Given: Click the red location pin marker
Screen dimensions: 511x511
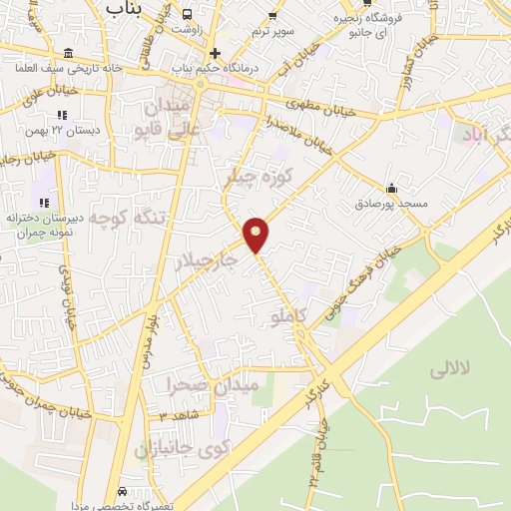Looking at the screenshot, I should click(x=256, y=233).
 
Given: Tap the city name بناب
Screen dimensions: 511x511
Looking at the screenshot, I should click(x=128, y=8).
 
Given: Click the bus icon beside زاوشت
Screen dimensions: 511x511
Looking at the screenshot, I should click(x=188, y=14).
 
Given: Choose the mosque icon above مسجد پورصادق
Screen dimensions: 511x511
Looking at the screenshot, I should click(x=391, y=187).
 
